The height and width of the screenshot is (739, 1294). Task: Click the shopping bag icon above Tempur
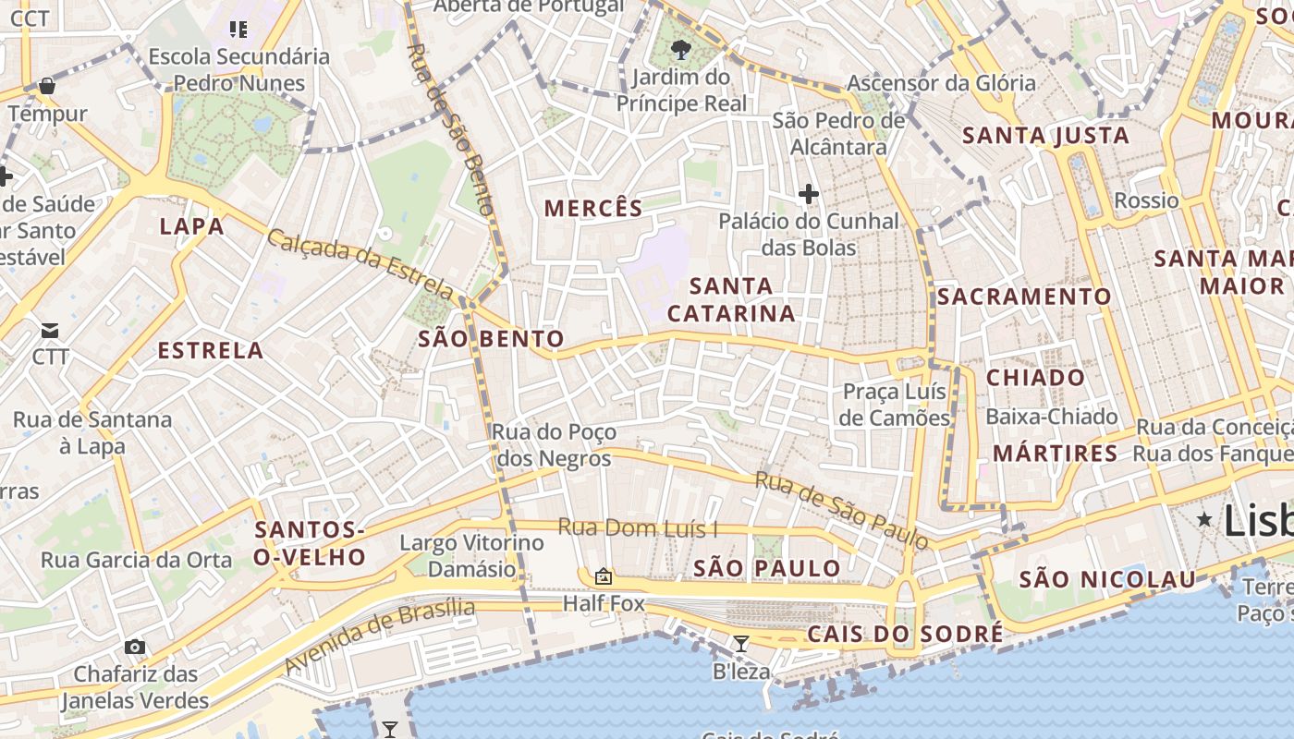click(x=47, y=87)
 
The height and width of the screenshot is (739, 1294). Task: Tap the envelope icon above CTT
click(x=50, y=330)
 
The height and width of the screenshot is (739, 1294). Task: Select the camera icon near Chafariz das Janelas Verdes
click(x=135, y=647)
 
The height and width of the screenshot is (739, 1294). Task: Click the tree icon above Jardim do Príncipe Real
click(x=682, y=49)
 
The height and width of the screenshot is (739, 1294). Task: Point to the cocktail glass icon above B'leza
click(x=740, y=644)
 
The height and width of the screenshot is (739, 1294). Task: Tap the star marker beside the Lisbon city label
click(x=1204, y=520)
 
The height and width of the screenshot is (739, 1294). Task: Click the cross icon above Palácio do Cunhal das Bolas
click(x=809, y=194)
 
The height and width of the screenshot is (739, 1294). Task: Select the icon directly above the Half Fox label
click(x=604, y=577)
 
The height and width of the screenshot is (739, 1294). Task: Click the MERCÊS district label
click(x=593, y=209)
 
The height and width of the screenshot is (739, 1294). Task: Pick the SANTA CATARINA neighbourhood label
click(x=731, y=299)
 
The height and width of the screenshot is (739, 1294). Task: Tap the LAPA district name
click(x=192, y=226)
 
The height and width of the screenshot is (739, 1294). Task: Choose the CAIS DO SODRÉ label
click(x=905, y=634)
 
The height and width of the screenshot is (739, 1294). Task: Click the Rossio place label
click(x=1146, y=200)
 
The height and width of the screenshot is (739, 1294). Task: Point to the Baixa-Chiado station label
click(x=1052, y=417)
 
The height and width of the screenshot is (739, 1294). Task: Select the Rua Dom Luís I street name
click(x=638, y=528)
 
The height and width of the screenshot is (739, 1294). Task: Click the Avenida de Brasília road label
click(x=379, y=636)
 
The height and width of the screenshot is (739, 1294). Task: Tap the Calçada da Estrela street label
click(x=360, y=264)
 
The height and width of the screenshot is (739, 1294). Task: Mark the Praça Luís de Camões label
click(x=896, y=405)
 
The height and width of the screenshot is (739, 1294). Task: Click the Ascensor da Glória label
click(x=941, y=83)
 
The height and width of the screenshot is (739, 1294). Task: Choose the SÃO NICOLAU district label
click(x=1107, y=580)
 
